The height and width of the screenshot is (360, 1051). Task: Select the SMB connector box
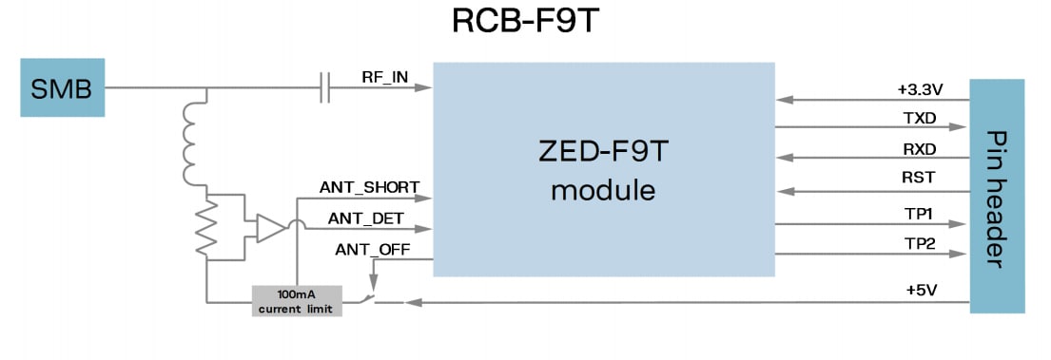[62, 89]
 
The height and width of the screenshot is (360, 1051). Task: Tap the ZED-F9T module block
[604, 170]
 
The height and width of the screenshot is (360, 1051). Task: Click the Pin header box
[997, 196]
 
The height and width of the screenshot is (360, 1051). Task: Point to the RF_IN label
[385, 75]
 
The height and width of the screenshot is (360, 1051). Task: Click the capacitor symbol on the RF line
[325, 89]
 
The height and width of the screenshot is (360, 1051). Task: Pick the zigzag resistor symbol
[205, 227]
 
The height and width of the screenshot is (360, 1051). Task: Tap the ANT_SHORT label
[369, 187]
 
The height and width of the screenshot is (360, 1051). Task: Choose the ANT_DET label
[366, 218]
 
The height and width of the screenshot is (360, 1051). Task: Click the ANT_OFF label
[371, 250]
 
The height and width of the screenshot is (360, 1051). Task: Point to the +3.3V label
[919, 89]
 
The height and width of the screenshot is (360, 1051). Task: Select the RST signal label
[920, 179]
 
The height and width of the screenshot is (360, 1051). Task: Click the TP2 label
[920, 244]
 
